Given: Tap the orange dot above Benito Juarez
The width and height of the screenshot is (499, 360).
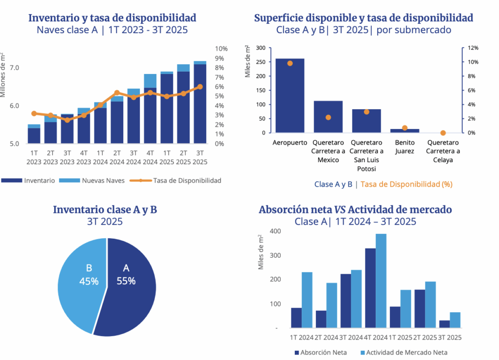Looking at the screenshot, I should [x=404, y=128].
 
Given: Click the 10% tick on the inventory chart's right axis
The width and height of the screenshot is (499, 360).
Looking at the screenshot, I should [x=221, y=49].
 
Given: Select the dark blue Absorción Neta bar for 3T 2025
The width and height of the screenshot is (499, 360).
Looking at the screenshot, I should [x=444, y=324].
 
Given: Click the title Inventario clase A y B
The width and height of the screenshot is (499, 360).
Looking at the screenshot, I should [x=105, y=210].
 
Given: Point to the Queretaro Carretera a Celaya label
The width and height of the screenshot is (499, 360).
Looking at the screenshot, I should [x=443, y=151].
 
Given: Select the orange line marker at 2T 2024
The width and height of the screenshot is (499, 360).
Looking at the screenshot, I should [x=117, y=93].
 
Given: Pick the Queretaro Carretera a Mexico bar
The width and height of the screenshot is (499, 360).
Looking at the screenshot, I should [x=328, y=117].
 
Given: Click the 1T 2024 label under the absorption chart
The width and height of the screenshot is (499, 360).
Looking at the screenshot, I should [x=302, y=337].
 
